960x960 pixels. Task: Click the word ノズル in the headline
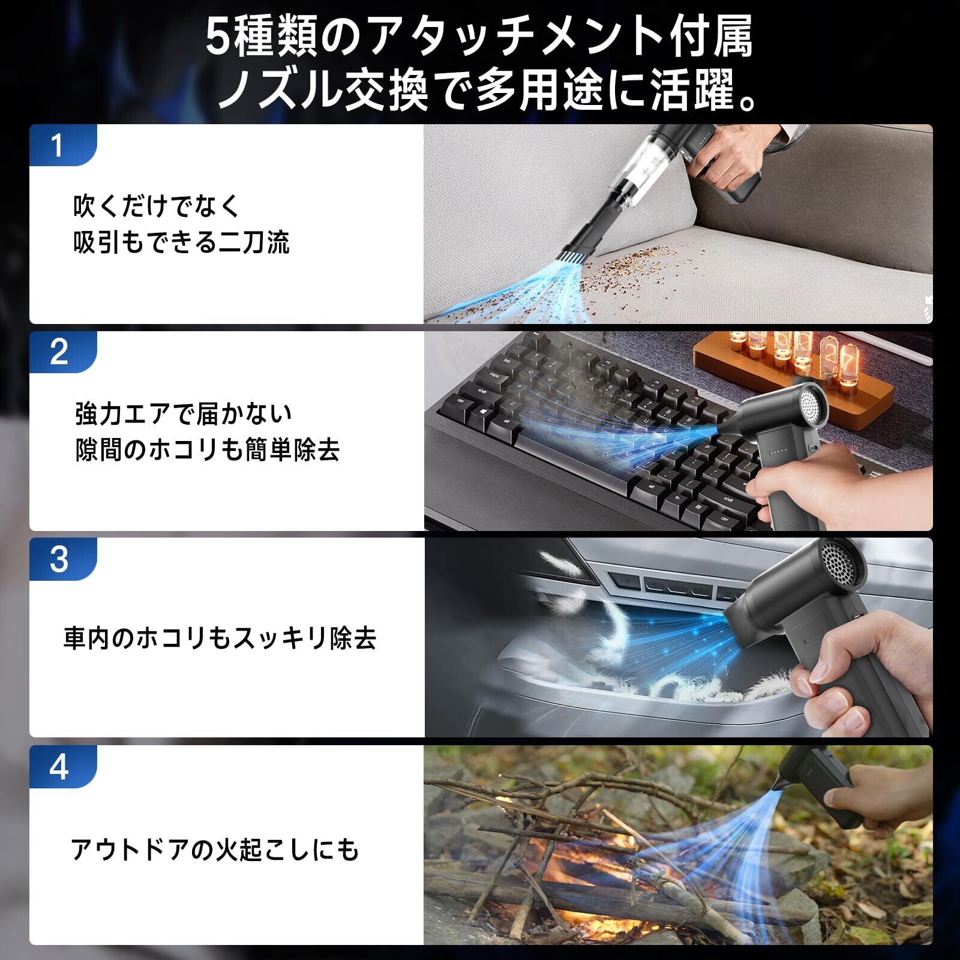[x=278, y=91]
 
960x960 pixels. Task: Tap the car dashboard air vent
[x=660, y=585]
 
